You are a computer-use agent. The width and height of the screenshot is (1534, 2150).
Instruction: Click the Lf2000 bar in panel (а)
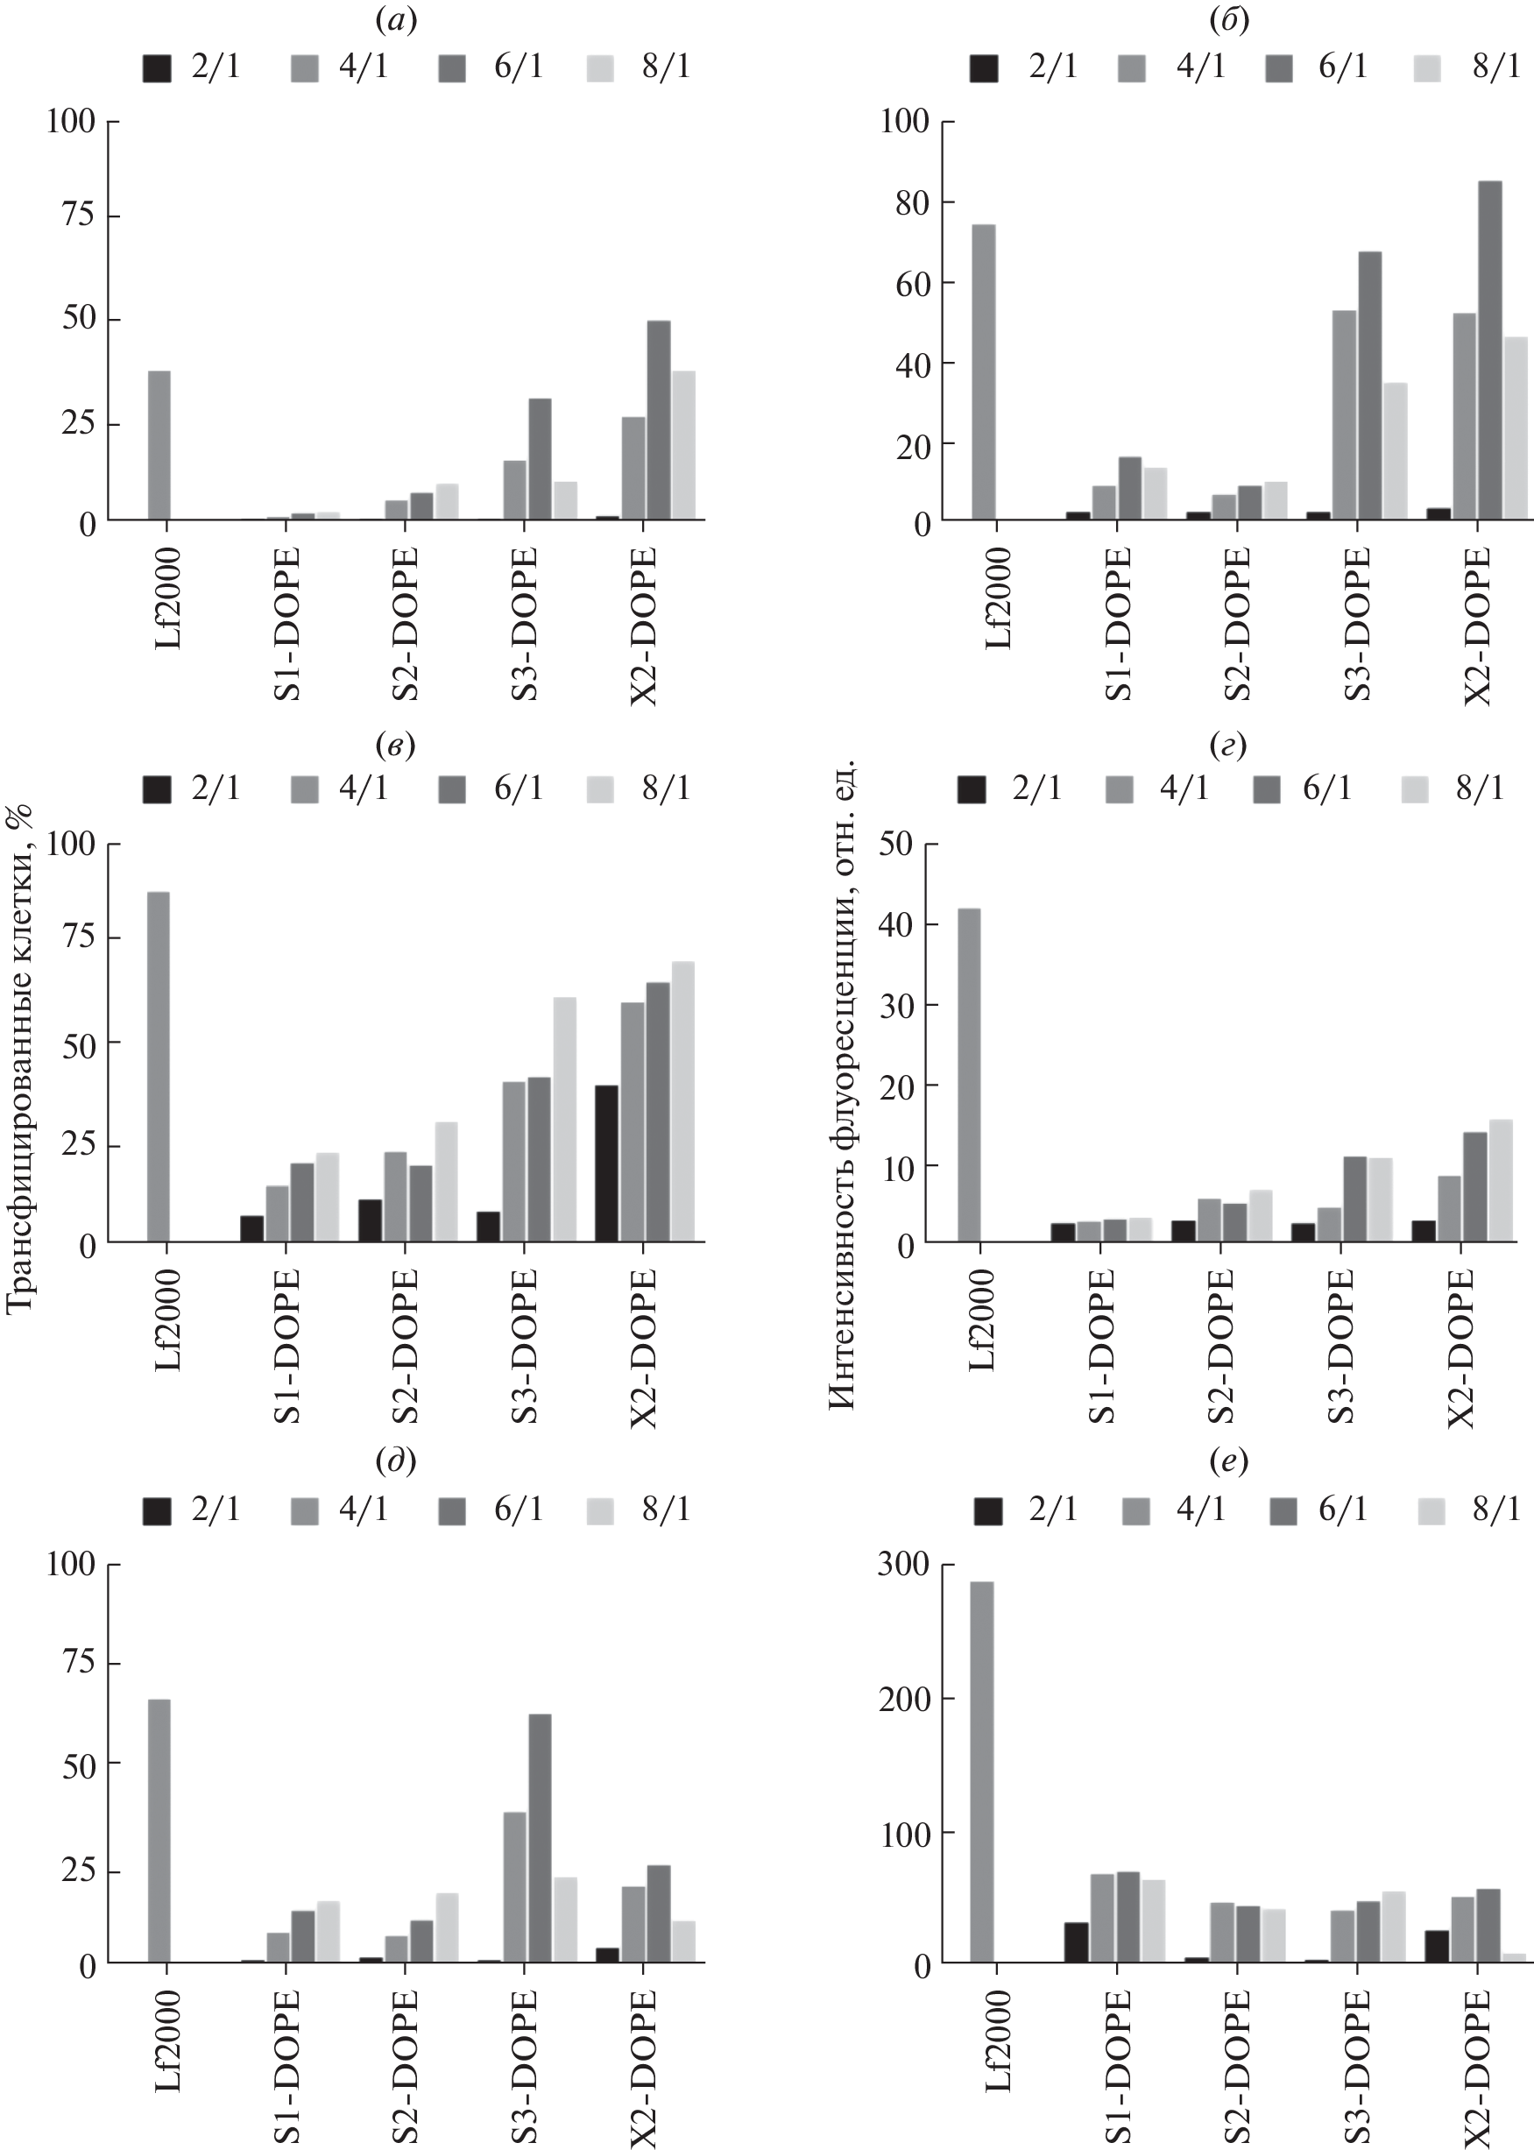click(159, 445)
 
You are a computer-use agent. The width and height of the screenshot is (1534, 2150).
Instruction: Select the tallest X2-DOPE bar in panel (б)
click(1489, 350)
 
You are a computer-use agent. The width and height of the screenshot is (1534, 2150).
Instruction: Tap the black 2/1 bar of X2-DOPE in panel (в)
click(606, 1163)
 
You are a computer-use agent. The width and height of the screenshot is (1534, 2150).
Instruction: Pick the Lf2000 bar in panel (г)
click(968, 1075)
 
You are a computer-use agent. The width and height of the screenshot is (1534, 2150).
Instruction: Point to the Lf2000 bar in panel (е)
click(982, 1772)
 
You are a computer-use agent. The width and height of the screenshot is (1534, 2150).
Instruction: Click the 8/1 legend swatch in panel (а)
click(600, 68)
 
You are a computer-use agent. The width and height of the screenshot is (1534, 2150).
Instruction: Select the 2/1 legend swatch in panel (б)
click(984, 68)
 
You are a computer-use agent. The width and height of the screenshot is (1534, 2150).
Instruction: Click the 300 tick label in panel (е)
click(903, 1566)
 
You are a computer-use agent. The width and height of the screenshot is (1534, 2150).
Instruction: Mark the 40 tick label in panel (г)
click(896, 925)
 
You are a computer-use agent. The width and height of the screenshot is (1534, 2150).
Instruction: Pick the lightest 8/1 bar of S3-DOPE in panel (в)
click(564, 1119)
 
